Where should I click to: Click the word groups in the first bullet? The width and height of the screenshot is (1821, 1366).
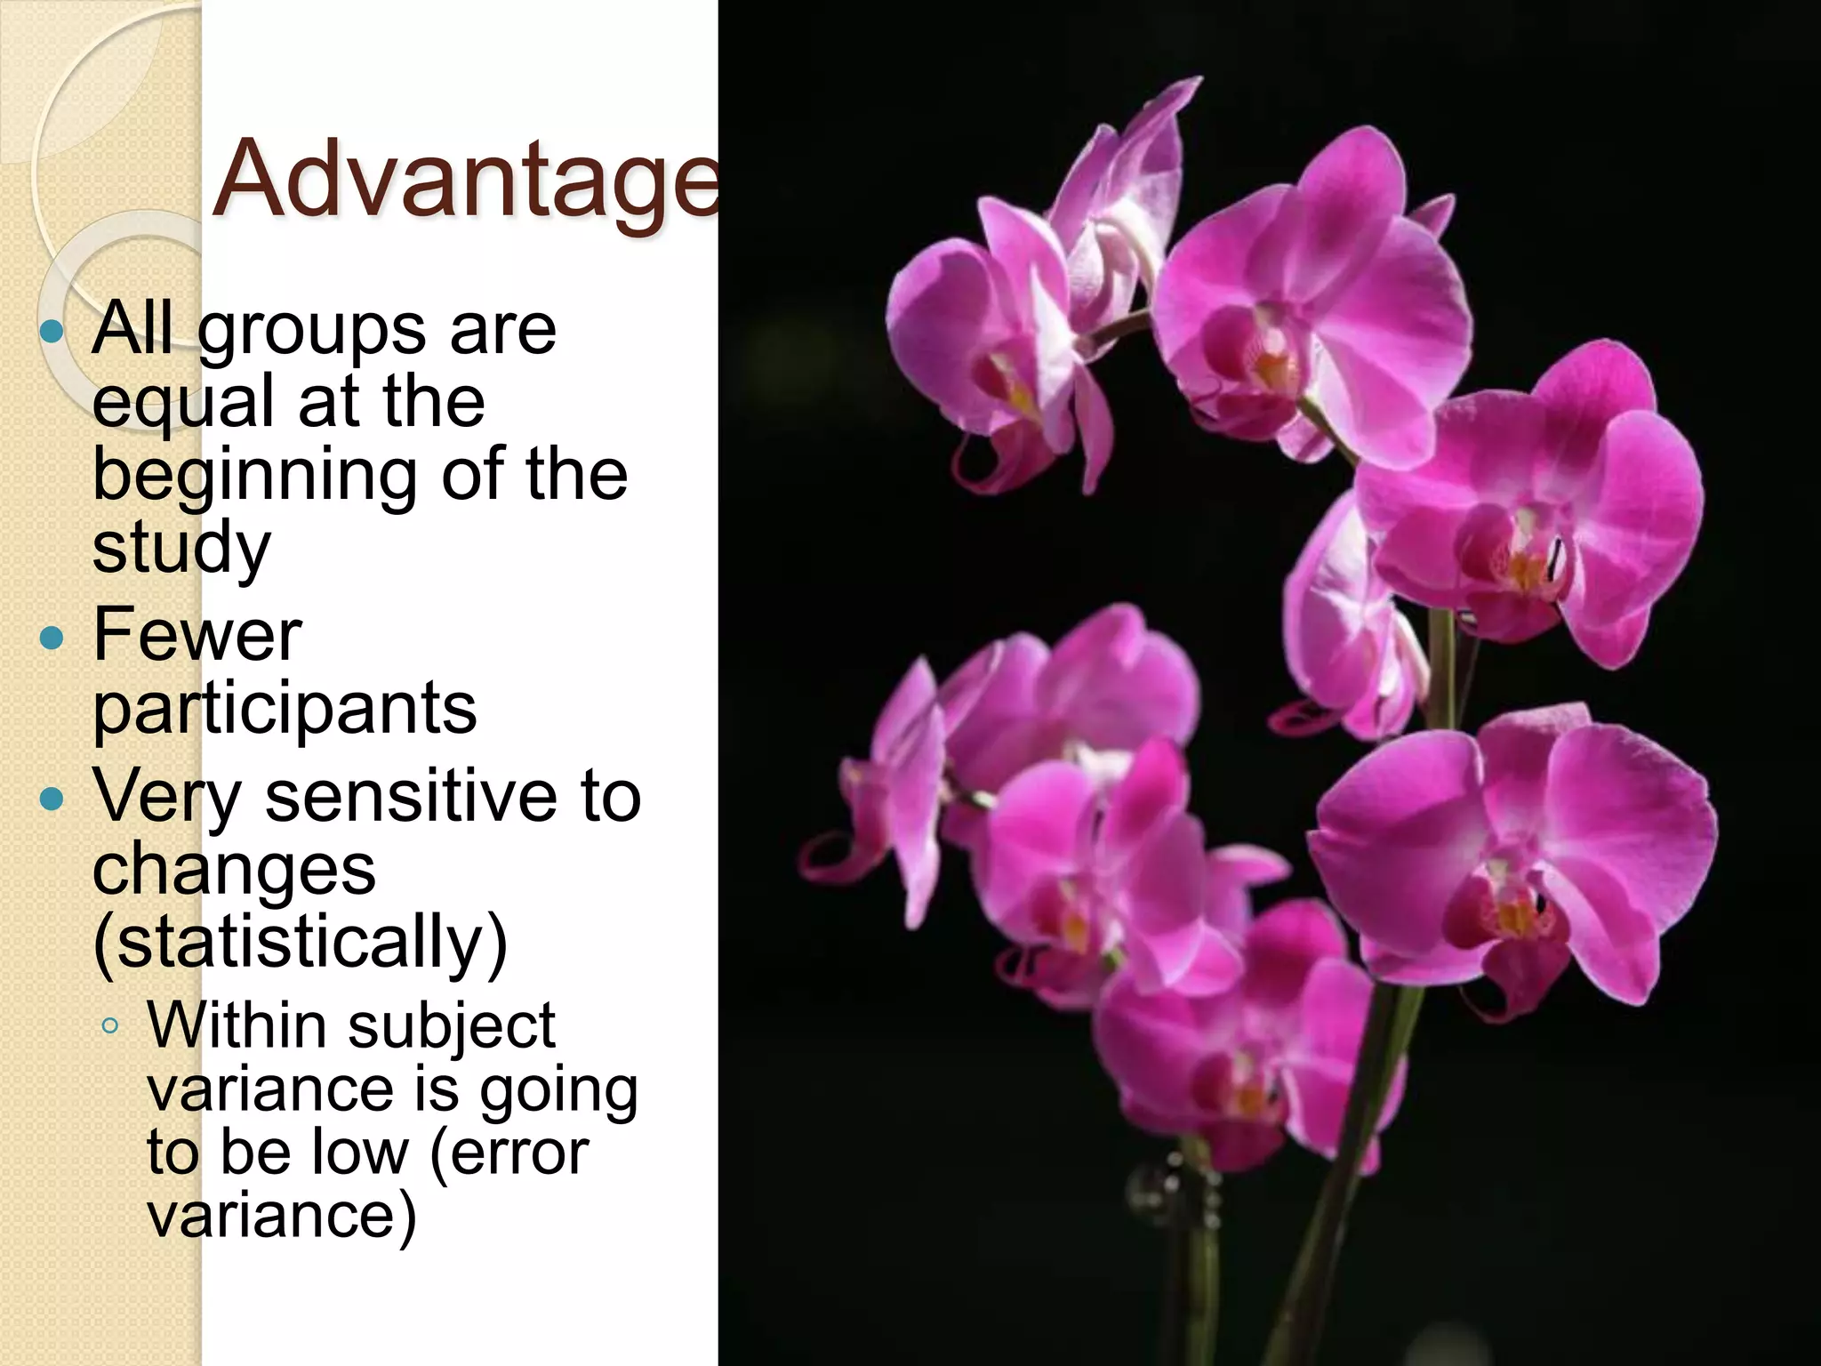310,332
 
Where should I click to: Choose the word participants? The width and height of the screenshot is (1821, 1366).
285,710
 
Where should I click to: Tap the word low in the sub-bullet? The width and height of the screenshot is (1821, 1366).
360,1153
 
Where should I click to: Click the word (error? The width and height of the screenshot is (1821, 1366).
509,1153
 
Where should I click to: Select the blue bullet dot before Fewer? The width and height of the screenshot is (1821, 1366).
53,639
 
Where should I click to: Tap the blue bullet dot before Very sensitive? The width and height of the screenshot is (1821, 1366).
53,799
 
